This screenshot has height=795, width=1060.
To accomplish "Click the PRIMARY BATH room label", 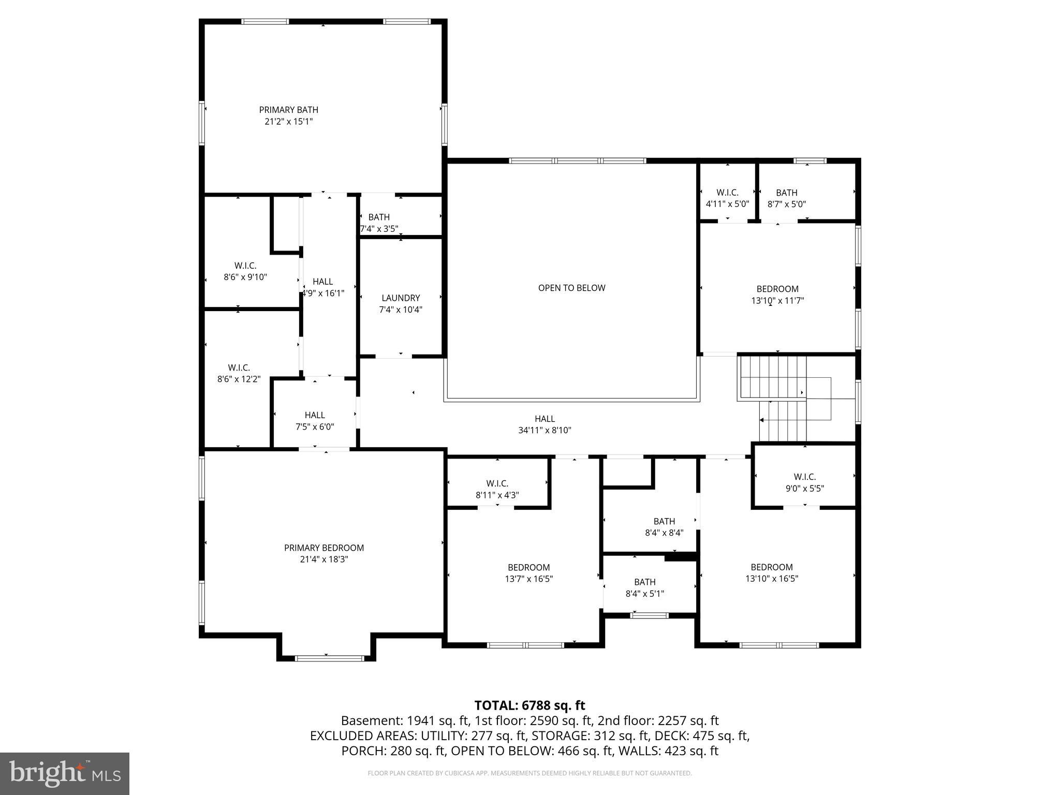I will (x=288, y=110).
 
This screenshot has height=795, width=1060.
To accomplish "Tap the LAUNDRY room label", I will (x=401, y=298).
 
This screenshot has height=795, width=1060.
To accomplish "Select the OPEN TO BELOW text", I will (x=571, y=288).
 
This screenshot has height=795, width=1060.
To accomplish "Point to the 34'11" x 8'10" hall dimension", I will (x=544, y=430).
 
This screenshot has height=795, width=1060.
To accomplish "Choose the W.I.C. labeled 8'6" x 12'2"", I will (x=239, y=368).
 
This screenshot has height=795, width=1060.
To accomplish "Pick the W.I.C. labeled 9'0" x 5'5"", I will (x=804, y=477).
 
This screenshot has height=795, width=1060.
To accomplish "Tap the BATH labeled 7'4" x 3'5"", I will (x=379, y=217).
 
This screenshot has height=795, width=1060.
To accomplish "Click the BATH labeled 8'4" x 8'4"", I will (x=664, y=521).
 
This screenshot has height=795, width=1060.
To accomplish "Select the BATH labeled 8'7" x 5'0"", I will (x=786, y=193).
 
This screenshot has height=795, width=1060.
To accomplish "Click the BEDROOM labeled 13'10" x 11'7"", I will (x=777, y=289).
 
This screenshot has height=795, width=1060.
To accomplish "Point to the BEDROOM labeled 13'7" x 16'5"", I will (x=528, y=567).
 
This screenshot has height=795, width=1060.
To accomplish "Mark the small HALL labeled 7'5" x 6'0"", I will (x=315, y=415).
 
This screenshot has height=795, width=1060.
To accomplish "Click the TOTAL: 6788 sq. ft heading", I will (x=529, y=705).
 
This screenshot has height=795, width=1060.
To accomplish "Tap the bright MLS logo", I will (x=64, y=773).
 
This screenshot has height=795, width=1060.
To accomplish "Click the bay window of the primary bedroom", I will (x=329, y=658).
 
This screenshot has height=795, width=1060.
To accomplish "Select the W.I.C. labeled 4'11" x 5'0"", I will (x=727, y=193).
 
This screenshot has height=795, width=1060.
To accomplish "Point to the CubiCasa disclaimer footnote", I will (x=529, y=773).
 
